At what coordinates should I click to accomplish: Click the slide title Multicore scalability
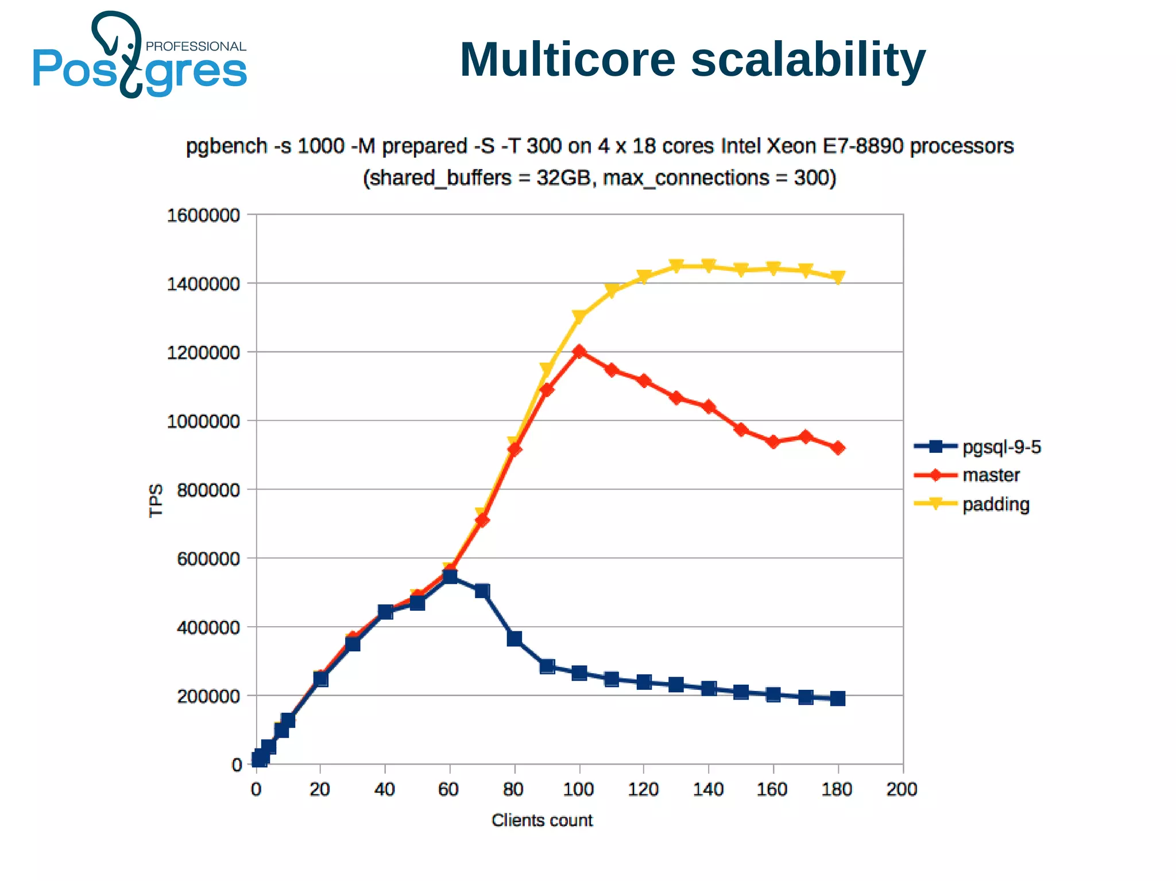point(693,60)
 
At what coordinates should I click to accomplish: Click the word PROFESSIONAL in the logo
point(196,46)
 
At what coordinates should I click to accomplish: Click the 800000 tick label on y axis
point(208,490)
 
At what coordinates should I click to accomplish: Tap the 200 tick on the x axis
point(902,790)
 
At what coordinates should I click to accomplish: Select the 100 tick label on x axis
point(578,790)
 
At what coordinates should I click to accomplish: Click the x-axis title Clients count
point(541,820)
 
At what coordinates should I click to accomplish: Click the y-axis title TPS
point(156,500)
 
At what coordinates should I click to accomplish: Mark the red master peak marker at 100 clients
point(579,351)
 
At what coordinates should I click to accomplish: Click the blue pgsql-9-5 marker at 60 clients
point(450,576)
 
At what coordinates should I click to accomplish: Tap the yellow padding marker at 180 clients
point(838,278)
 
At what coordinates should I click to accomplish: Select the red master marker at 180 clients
point(838,448)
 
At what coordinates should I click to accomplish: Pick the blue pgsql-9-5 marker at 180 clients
point(838,698)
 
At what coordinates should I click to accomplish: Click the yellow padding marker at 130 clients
point(676,266)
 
